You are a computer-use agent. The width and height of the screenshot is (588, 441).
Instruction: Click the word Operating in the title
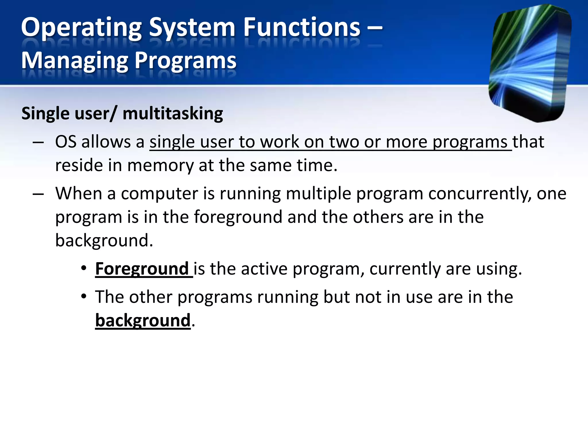[81, 28]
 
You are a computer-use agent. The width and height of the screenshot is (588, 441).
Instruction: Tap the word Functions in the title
[301, 28]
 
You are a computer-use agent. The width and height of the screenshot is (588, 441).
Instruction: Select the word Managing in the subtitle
[75, 61]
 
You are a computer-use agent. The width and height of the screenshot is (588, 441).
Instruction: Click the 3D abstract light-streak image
[530, 63]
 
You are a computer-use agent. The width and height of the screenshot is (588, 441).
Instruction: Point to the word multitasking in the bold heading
[173, 113]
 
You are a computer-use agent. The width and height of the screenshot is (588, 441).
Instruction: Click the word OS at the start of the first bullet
[66, 142]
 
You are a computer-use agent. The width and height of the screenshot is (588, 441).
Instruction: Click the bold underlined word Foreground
[142, 269]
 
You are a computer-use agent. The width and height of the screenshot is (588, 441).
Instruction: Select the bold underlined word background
[143, 320]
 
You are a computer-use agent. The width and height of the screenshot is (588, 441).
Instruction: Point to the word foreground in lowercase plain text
[238, 217]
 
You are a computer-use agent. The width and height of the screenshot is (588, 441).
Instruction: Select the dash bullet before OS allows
[38, 142]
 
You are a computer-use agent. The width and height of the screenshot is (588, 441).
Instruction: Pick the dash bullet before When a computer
[38, 194]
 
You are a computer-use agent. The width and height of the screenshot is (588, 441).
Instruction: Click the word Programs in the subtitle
[185, 61]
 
